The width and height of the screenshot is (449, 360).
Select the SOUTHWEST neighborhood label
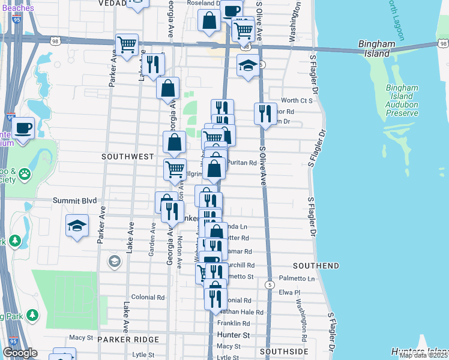coord(128,157)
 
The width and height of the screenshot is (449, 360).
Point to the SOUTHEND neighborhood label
coord(316,265)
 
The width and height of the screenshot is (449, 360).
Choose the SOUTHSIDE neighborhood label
coord(285,351)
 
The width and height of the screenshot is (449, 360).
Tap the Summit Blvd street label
coord(75,201)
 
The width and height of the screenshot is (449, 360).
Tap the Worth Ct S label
coord(297,100)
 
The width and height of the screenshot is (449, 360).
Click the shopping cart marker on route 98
coord(127,44)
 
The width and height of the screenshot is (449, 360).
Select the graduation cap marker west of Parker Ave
coord(77,226)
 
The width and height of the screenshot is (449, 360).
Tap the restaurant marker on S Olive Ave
coord(265,112)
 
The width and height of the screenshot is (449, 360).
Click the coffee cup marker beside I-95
coord(23,128)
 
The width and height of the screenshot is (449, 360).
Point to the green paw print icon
coord(25,175)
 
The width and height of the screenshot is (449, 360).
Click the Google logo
coord(20,353)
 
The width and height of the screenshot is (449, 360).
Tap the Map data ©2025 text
coord(423,355)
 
